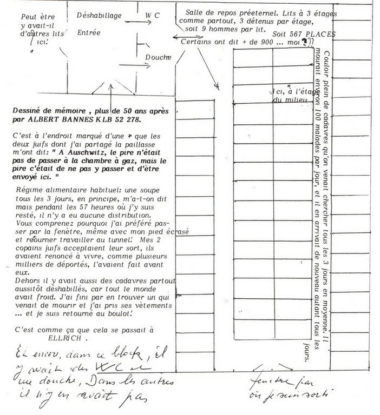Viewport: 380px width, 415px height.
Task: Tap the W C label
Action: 153,16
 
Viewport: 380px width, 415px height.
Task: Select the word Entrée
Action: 89,32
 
